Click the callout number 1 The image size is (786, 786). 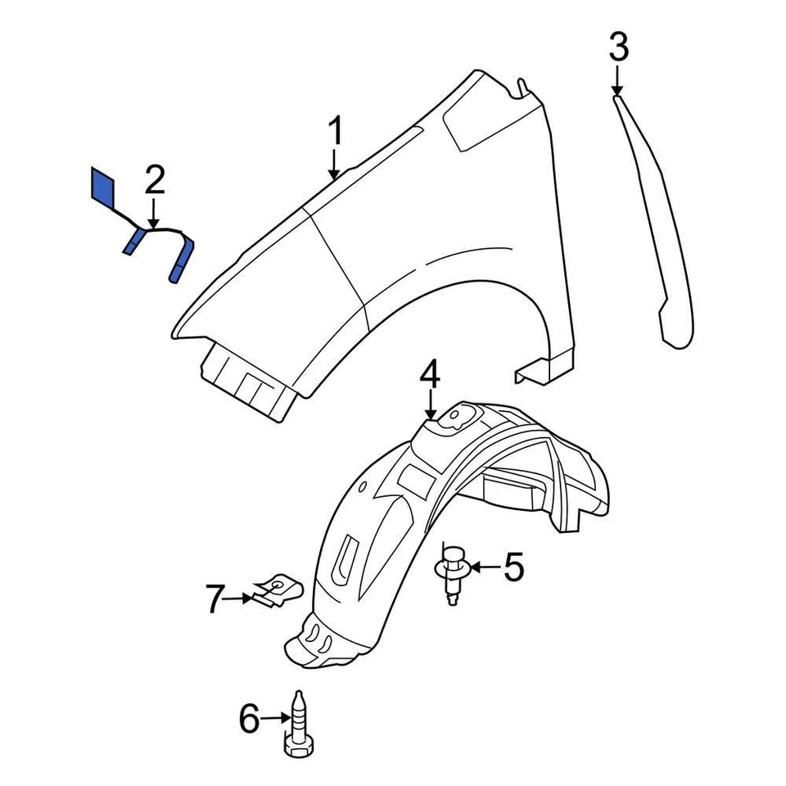[x=335, y=133]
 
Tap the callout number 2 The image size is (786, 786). [x=155, y=181]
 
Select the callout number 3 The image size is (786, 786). [x=619, y=47]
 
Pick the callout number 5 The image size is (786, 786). [x=513, y=567]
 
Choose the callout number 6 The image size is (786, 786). [x=248, y=720]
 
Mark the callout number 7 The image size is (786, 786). [x=215, y=600]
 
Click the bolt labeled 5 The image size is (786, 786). [x=450, y=572]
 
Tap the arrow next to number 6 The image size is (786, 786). [x=274, y=720]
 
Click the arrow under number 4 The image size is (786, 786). [x=431, y=406]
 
